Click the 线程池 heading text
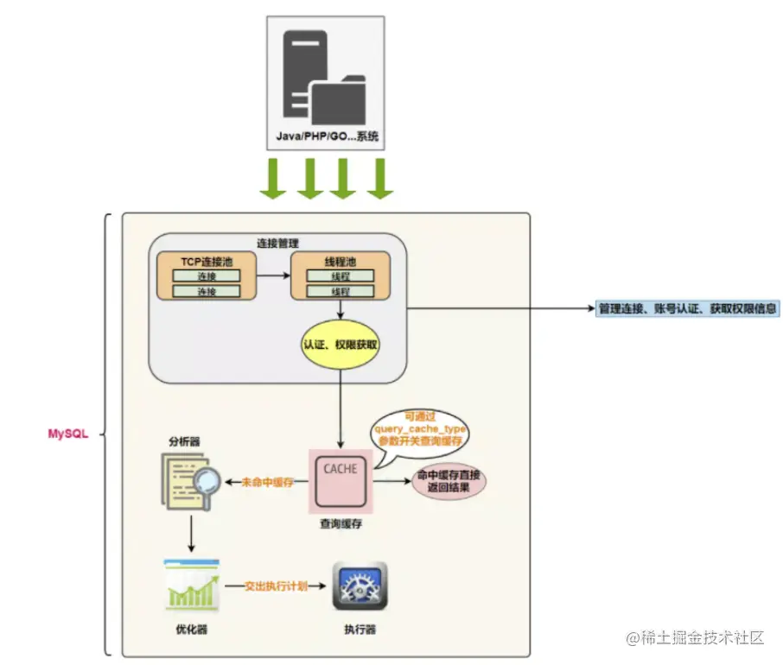click(340, 260)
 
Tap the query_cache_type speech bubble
click(420, 428)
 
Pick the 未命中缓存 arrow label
click(268, 481)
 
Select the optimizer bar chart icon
click(191, 585)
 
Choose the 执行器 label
click(360, 630)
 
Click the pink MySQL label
click(68, 433)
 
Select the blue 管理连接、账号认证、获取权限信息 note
click(687, 308)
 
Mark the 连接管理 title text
click(277, 242)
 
